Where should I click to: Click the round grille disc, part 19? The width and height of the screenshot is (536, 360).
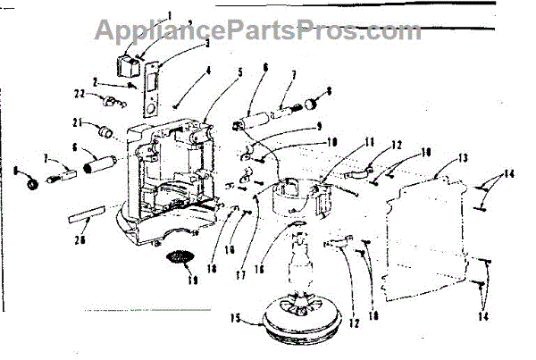[x=181, y=257]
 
